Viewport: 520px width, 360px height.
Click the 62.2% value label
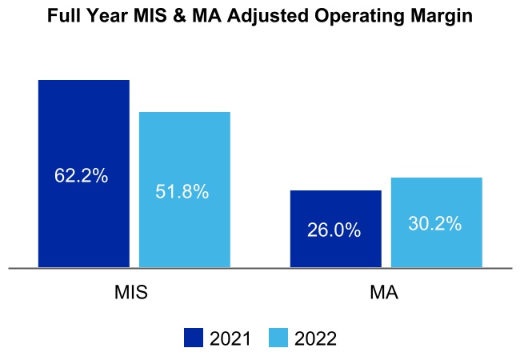pyautogui.click(x=81, y=176)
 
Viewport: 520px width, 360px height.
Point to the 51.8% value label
pyautogui.click(x=182, y=192)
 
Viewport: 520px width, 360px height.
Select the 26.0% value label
pyautogui.click(x=334, y=230)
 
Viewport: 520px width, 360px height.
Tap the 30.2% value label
pyautogui.click(x=434, y=224)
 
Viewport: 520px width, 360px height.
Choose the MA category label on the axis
pyautogui.click(x=385, y=293)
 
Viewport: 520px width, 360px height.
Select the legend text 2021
pyautogui.click(x=230, y=338)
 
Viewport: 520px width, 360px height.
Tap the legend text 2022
pyautogui.click(x=315, y=338)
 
